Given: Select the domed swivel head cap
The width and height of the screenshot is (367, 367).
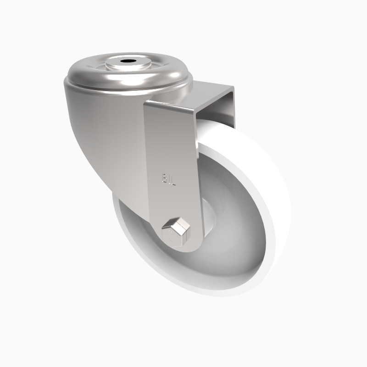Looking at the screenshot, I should click(96, 73).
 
